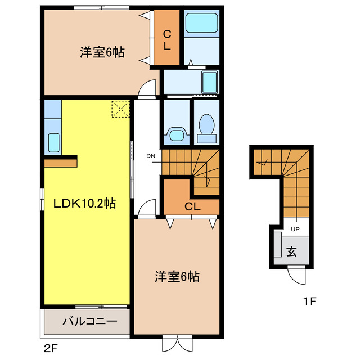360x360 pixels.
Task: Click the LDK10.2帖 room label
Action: pos(84,204)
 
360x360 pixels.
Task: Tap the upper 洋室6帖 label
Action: pos(102,53)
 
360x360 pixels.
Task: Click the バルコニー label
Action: pos(89,322)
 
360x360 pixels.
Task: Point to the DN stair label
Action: pos(151,156)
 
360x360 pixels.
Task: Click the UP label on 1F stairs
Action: pos(295,229)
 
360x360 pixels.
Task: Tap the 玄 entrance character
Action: pos(292,251)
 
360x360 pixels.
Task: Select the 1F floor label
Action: pos(309,301)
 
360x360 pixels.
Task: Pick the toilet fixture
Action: pos(206,126)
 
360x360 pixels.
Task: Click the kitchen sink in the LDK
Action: pos(54,142)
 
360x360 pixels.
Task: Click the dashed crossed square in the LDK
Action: pos(120,109)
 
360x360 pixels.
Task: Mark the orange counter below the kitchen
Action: pos(60,162)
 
